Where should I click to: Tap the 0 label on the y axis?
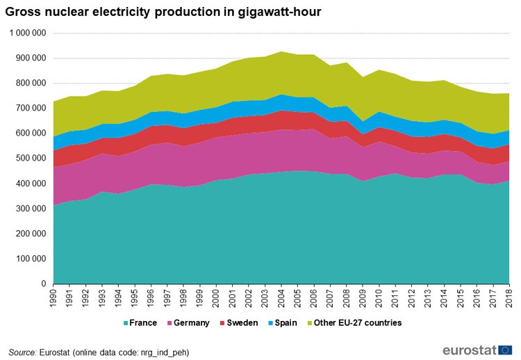[43, 284]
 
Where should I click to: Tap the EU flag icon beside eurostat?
[505, 349]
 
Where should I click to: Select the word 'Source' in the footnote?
[23, 352]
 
